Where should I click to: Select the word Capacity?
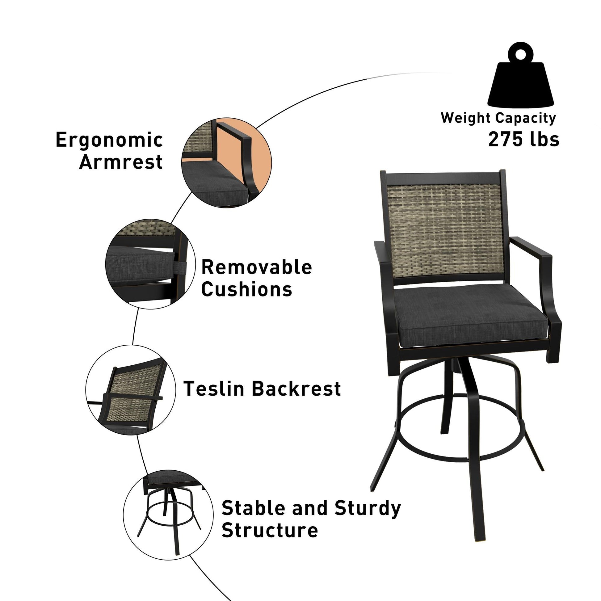[x=526, y=118]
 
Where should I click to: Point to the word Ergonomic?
[x=109, y=140]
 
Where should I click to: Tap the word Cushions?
[x=247, y=289]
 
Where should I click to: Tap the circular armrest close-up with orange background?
[x=226, y=163]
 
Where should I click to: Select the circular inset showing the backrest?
[x=131, y=390]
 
